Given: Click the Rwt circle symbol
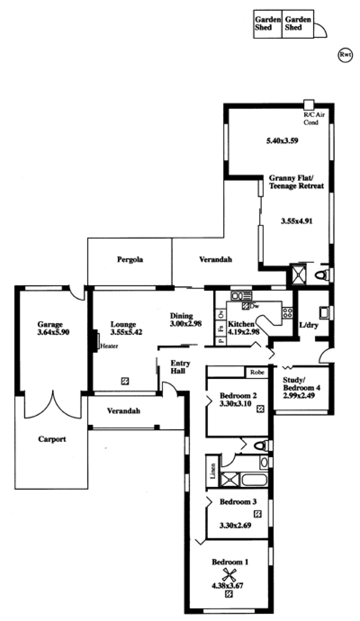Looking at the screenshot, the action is pyautogui.click(x=345, y=55).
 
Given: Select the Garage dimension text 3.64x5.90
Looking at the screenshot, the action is pyautogui.click(x=53, y=332).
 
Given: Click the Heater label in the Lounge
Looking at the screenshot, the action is pyautogui.click(x=109, y=346).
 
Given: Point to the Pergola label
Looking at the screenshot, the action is pyautogui.click(x=130, y=260).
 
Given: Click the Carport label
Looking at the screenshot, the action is pyautogui.click(x=52, y=439).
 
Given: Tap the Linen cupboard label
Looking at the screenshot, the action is pyautogui.click(x=213, y=471).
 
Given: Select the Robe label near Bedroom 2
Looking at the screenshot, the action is pyautogui.click(x=257, y=372).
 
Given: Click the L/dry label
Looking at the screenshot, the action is pyautogui.click(x=309, y=325).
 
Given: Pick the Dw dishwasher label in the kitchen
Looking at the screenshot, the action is pyautogui.click(x=253, y=306).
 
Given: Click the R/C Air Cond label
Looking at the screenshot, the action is pyautogui.click(x=314, y=119).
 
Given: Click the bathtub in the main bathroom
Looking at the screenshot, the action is pyautogui.click(x=255, y=480).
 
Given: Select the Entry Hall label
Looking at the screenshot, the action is pyautogui.click(x=180, y=367).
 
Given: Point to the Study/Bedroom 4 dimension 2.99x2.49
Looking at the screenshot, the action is pyautogui.click(x=299, y=396).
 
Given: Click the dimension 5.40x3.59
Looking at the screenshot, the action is pyautogui.click(x=282, y=140).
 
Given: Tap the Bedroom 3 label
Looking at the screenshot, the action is pyautogui.click(x=238, y=501).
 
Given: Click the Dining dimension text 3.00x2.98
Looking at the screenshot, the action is pyautogui.click(x=186, y=323).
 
